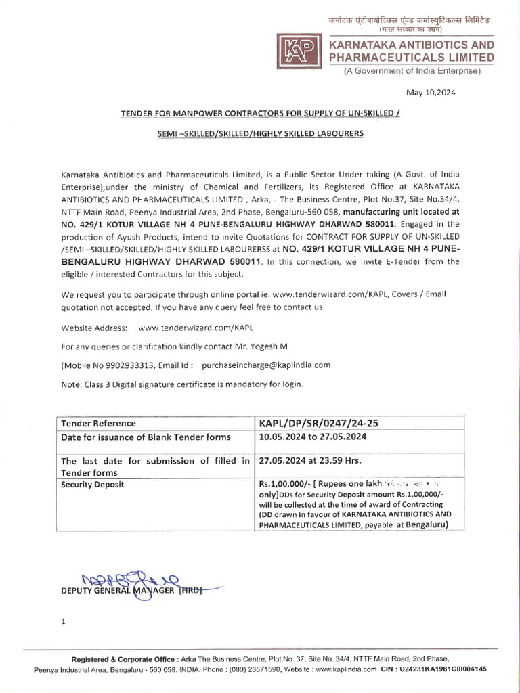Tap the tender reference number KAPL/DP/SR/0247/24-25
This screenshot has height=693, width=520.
(x=318, y=423)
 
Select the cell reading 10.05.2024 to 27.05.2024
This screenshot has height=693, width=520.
(x=312, y=437)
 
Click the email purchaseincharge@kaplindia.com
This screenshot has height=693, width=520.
(x=266, y=365)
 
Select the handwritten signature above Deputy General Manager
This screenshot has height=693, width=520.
(x=129, y=581)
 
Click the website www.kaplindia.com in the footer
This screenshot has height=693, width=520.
(x=346, y=669)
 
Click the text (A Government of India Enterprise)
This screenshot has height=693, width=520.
(x=410, y=71)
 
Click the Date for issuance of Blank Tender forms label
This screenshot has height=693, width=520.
(x=146, y=437)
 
